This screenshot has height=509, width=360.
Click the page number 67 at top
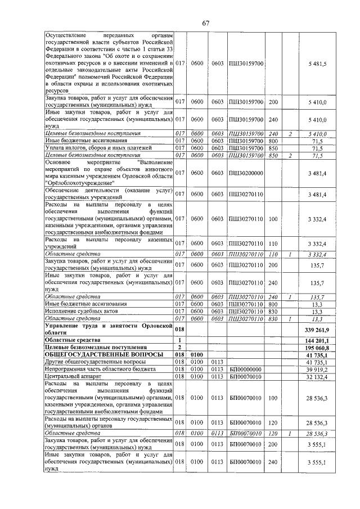click(206, 23)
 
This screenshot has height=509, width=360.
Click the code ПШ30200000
click(246, 173)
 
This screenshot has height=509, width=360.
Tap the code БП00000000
click(246, 369)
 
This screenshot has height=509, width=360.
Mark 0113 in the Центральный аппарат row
click(218, 376)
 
